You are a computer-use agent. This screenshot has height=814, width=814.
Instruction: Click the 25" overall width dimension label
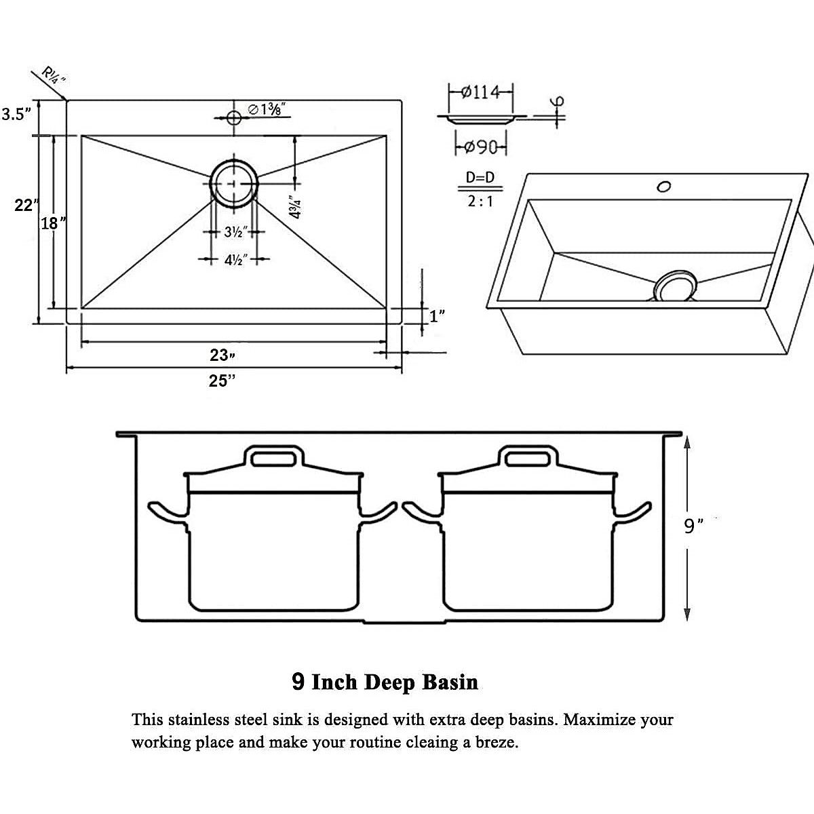click(x=222, y=381)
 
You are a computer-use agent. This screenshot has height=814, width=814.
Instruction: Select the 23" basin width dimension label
click(x=222, y=355)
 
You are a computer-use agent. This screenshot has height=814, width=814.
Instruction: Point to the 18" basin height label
click(x=53, y=222)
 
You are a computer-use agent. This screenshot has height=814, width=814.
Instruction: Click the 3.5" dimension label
click(x=16, y=114)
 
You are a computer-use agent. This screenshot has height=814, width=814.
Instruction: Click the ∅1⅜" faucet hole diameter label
click(x=266, y=109)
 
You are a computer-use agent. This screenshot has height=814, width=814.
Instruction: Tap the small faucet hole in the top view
click(x=234, y=118)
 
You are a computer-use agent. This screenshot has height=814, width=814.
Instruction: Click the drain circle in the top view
click(x=233, y=182)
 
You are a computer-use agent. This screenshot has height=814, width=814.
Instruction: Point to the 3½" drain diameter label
click(x=235, y=232)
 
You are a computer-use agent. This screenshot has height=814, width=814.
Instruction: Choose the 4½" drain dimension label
click(x=235, y=259)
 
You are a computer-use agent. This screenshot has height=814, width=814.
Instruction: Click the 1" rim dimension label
click(x=438, y=315)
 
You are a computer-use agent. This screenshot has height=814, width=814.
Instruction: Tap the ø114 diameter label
click(x=480, y=92)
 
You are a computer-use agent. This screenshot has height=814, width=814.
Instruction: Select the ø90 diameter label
click(x=480, y=147)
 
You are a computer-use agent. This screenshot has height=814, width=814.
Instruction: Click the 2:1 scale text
click(x=480, y=201)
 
